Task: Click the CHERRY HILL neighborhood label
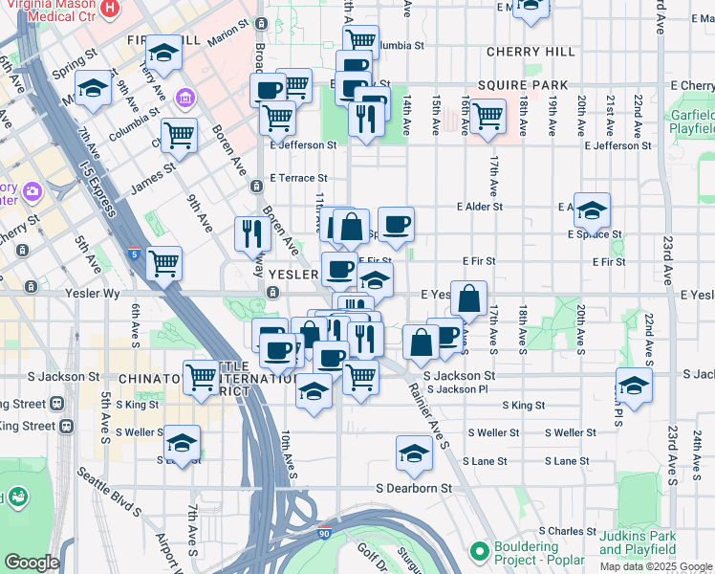(x=530, y=51)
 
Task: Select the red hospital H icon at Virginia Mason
(x=110, y=9)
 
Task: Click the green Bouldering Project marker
(x=480, y=551)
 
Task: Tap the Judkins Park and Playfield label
(x=637, y=542)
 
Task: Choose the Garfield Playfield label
(x=693, y=120)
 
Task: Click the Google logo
(x=31, y=563)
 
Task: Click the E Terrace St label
(x=298, y=178)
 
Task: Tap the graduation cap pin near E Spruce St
(x=593, y=210)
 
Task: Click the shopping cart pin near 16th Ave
(x=488, y=115)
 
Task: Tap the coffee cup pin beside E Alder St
(x=396, y=224)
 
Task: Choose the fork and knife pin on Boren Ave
(x=253, y=232)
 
